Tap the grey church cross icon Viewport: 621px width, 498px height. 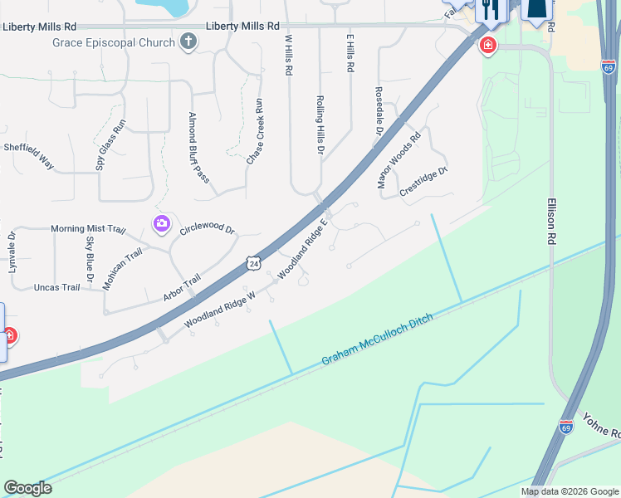point(188,41)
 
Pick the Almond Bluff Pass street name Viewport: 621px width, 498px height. point(198,146)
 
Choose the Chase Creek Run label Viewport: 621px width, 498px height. point(254,131)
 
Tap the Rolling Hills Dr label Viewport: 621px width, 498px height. point(320,124)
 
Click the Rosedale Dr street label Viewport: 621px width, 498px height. point(379,111)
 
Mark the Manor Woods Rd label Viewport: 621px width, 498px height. point(400,160)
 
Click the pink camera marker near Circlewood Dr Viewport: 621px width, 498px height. point(161,223)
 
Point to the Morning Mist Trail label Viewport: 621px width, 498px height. point(87,229)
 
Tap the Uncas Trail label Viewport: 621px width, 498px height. point(56,287)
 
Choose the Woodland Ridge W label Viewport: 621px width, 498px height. point(219,314)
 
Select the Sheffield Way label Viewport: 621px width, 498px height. point(29,155)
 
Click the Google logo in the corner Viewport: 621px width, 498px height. point(27,488)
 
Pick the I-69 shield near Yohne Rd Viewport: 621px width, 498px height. point(566,427)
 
